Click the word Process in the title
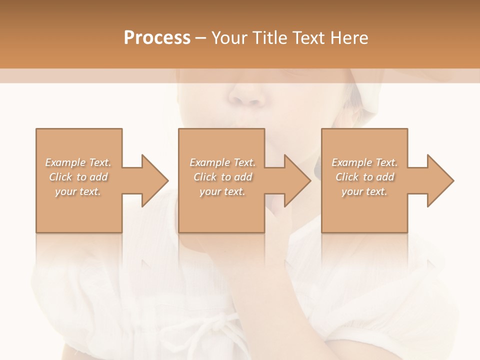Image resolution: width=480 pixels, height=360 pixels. pos(157,38)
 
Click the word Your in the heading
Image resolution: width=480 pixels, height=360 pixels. pos(229,38)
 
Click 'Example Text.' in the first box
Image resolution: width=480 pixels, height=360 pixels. pos(78,162)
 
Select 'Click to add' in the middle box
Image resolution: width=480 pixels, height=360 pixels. pos(222,177)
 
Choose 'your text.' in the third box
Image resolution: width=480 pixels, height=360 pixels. pos(364,191)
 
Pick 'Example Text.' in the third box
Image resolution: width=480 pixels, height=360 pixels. pos(364,162)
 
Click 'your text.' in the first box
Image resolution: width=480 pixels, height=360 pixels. pos(78,191)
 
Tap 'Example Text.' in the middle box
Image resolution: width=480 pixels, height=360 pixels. pos(222,162)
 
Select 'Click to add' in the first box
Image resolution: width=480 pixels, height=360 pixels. pos(78,177)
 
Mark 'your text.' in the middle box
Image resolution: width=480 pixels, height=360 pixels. pos(222,191)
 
